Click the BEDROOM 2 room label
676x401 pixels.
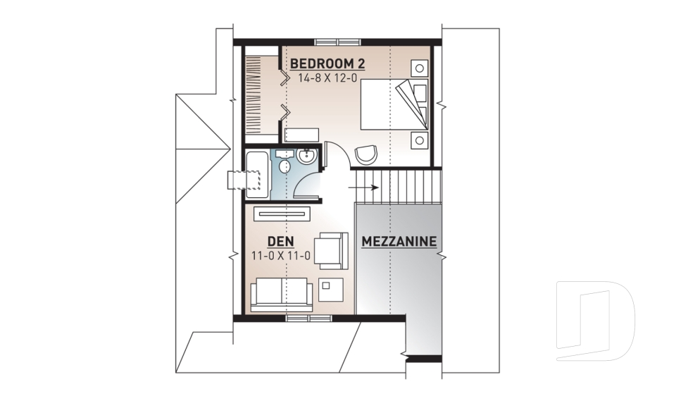tap(327, 64)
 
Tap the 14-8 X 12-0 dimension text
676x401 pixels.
tap(327, 78)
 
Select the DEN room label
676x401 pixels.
tap(281, 242)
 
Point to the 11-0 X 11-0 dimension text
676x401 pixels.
tap(281, 256)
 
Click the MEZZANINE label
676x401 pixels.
tap(399, 242)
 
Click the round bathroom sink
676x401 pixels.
tap(307, 156)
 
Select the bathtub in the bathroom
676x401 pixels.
tap(258, 174)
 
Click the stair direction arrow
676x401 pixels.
tap(363, 187)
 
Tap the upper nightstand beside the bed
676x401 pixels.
tap(419, 68)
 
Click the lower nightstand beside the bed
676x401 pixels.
tap(419, 140)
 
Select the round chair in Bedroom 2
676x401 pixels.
tap(366, 154)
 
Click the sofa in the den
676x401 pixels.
tap(282, 295)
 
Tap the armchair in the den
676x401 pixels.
tap(331, 251)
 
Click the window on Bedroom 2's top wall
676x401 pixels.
tap(338, 42)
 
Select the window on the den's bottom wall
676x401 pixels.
tap(308, 319)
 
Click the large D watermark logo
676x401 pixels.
tap(596, 321)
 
